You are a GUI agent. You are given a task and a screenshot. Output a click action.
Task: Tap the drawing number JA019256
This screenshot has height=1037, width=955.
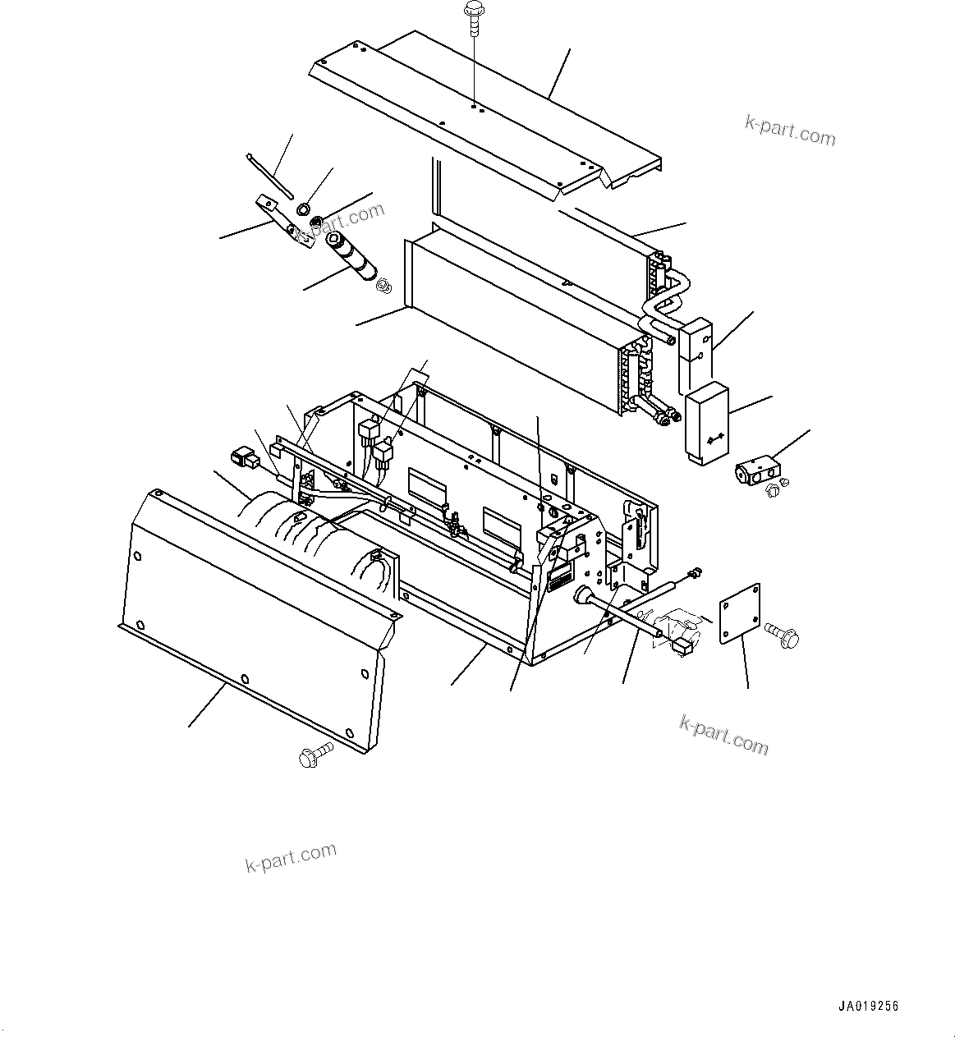[869, 1007]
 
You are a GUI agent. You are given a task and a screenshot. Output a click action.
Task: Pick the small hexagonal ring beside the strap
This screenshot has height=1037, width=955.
[303, 206]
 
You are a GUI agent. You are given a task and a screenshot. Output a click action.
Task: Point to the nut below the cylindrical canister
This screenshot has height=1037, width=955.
[382, 285]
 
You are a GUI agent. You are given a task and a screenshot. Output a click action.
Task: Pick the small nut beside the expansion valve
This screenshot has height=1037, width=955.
[771, 490]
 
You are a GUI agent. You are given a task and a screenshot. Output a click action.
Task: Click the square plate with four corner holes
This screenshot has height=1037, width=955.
[740, 613]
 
